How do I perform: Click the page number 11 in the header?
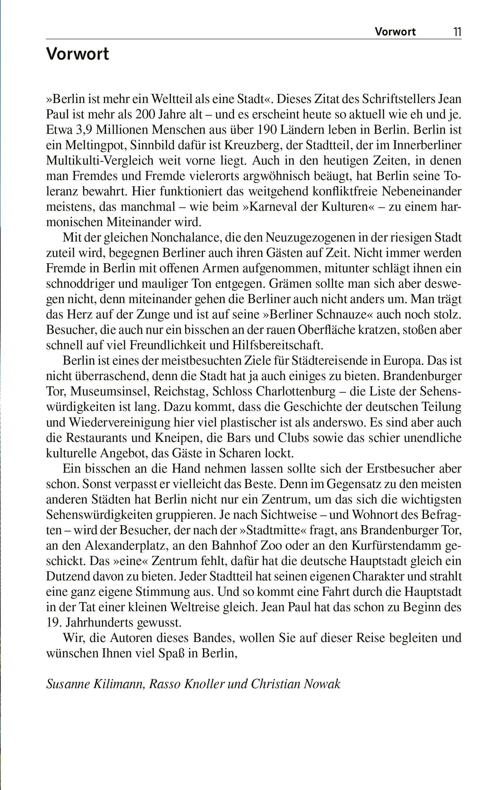coord(457,32)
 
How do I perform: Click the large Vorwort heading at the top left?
coord(78,54)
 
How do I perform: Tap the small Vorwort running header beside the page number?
coord(395,32)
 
